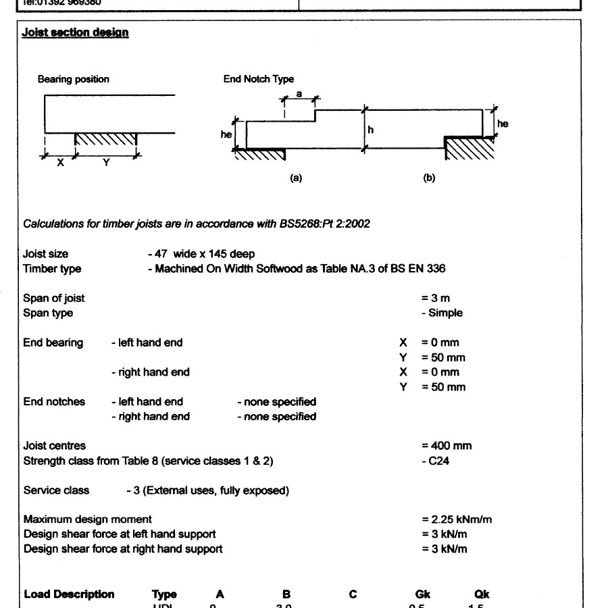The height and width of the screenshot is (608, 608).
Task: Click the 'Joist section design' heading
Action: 76,32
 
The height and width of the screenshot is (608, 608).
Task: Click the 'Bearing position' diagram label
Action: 73,79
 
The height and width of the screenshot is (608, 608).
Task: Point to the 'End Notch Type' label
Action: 259,79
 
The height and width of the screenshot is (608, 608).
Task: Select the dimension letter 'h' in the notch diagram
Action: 370,129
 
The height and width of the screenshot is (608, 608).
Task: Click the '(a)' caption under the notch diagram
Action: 295,178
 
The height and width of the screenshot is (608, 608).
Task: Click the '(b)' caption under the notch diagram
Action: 429,178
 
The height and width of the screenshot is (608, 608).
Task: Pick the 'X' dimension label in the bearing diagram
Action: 59,163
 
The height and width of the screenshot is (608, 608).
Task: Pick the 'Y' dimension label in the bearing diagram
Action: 106,163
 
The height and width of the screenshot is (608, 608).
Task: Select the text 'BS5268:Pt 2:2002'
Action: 324,224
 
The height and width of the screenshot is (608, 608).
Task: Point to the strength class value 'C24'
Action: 440,461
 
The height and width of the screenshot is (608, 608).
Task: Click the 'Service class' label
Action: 56,490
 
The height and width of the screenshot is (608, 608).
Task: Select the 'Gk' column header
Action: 424,594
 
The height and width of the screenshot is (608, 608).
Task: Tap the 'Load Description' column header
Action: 69,594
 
